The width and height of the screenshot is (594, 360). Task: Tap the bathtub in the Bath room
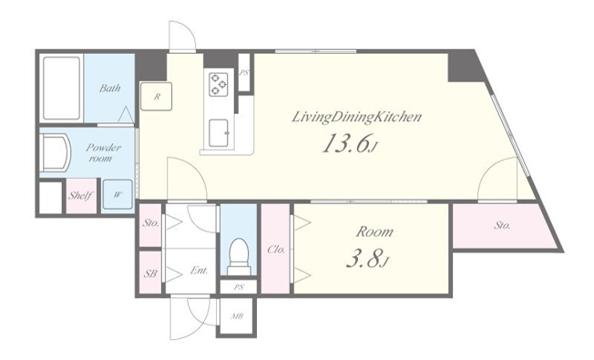pyautogui.click(x=61, y=87)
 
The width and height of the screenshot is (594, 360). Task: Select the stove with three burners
pyautogui.click(x=219, y=84)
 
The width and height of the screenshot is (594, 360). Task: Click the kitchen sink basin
pyautogui.click(x=219, y=133)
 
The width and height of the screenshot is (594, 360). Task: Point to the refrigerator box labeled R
pyautogui.click(x=156, y=97)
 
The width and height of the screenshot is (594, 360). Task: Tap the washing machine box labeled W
pyautogui.click(x=118, y=195)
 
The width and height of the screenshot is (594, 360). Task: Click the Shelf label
pyautogui.click(x=81, y=196)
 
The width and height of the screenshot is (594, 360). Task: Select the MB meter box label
pyautogui.click(x=238, y=316)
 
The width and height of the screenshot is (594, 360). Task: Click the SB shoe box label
pyautogui.click(x=150, y=273)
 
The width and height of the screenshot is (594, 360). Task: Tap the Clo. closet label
pyautogui.click(x=276, y=250)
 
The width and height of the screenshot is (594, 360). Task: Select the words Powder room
pyautogui.click(x=101, y=153)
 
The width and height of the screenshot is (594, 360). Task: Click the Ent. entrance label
pyautogui.click(x=199, y=271)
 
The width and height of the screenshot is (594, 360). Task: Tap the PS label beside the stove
pyautogui.click(x=243, y=72)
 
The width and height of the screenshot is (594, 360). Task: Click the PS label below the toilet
pyautogui.click(x=239, y=287)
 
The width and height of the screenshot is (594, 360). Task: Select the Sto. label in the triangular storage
pyautogui.click(x=502, y=225)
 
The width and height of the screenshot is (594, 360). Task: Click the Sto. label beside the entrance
pyautogui.click(x=150, y=222)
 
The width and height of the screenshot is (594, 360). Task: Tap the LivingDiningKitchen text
pyautogui.click(x=356, y=117)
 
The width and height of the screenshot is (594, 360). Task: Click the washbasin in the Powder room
pyautogui.click(x=56, y=153)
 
